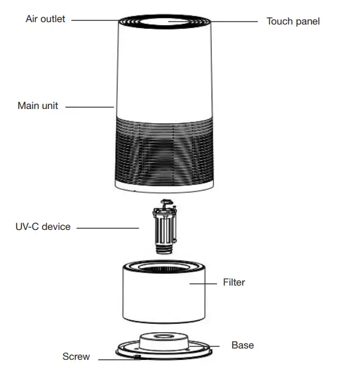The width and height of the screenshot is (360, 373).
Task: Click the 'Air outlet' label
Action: click(x=45, y=19)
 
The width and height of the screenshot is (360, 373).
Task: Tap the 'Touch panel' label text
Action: click(x=292, y=22)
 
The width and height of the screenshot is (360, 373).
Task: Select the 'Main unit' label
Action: click(x=38, y=106)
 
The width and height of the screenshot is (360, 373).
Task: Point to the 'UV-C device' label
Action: click(x=43, y=227)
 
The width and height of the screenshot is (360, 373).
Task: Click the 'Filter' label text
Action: click(x=234, y=282)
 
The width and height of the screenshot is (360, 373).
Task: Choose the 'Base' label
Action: click(x=243, y=345)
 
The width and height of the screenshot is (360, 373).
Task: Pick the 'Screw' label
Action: click(x=76, y=357)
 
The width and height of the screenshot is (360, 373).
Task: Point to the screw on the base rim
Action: click(x=138, y=357)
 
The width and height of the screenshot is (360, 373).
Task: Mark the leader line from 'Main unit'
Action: click(x=90, y=107)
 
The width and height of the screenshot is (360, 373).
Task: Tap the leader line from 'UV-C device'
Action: click(x=108, y=228)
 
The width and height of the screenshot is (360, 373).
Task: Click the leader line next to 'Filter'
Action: click(x=202, y=282)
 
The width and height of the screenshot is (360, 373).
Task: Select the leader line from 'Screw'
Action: click(x=117, y=359)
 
